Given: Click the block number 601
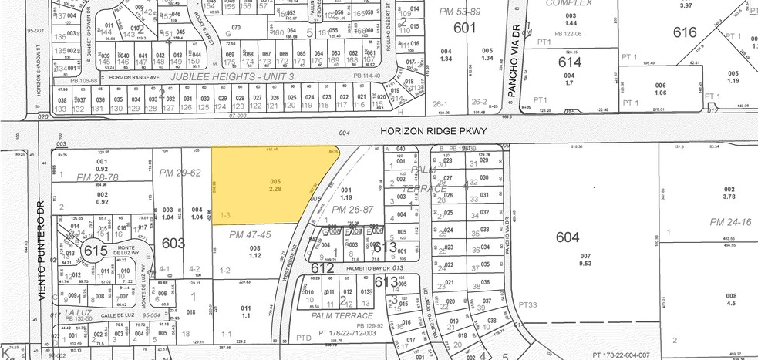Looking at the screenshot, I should click(464, 28).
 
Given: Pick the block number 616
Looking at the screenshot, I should click(685, 32).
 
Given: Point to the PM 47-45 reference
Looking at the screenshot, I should click(250, 234).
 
